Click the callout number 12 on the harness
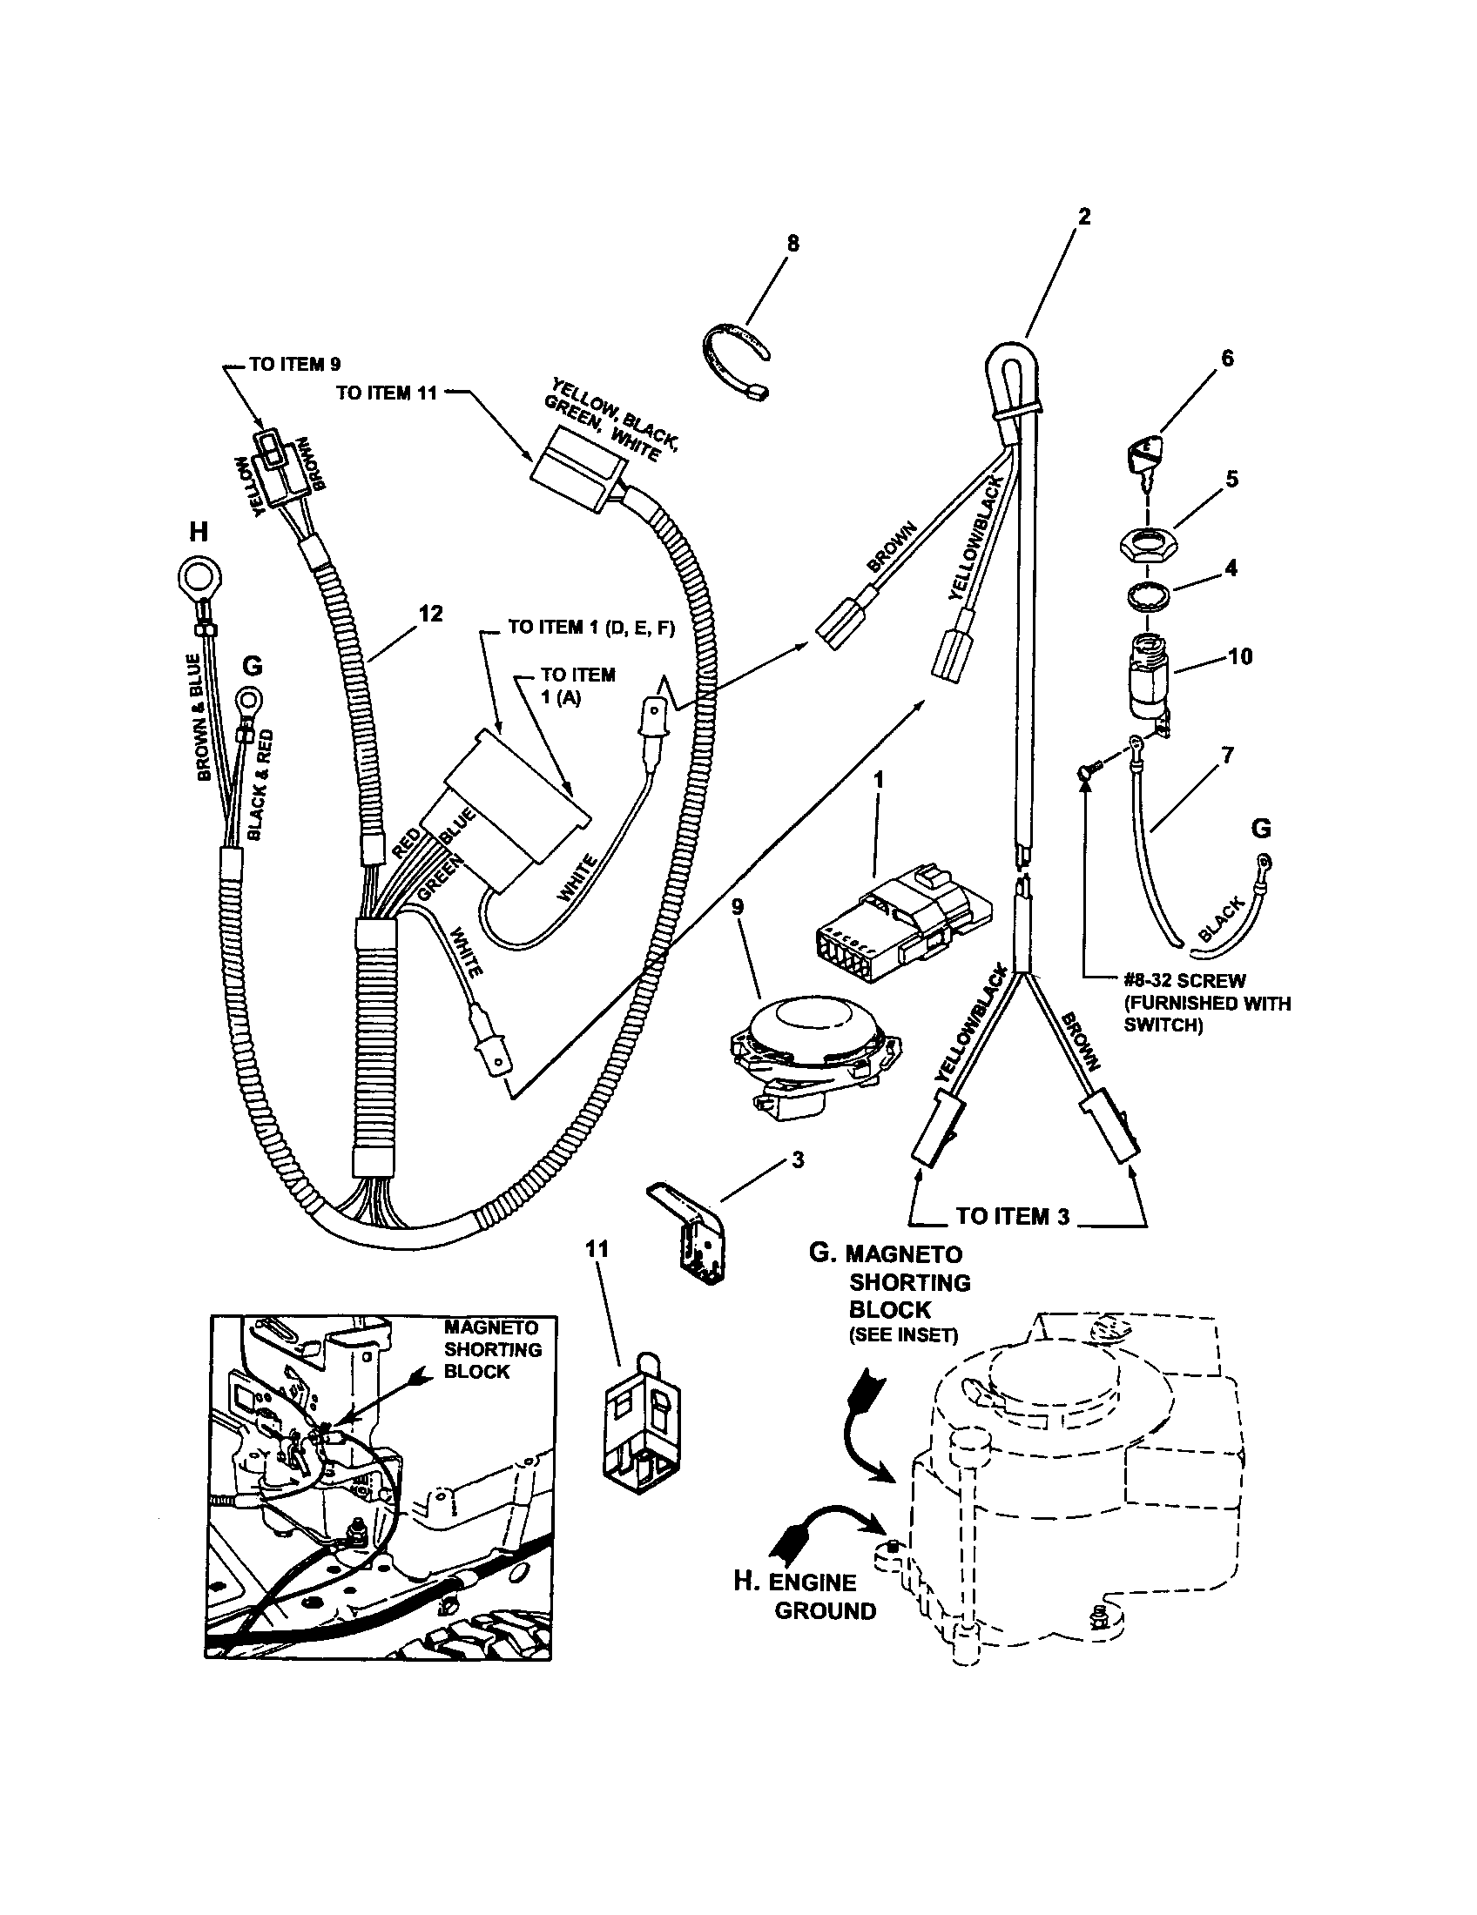[429, 614]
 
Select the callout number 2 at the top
[1084, 217]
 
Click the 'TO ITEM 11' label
[386, 393]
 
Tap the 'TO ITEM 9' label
[293, 365]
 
